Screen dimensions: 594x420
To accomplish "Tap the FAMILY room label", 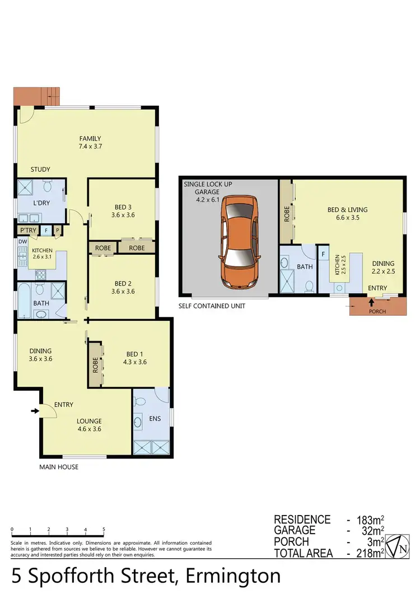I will (90, 139).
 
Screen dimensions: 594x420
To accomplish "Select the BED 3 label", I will (123, 206).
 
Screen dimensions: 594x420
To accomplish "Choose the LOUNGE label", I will (89, 421).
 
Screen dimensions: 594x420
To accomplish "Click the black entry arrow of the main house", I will (35, 411).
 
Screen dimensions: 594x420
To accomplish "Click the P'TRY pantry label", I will (28, 231).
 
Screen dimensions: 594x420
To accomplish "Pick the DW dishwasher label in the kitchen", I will (22, 242).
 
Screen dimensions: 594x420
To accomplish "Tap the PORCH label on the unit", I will (377, 311).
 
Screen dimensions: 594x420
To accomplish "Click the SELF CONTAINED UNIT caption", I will (212, 306).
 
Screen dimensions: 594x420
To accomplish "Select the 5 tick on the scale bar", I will (104, 530).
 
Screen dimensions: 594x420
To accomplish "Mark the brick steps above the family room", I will (37, 96).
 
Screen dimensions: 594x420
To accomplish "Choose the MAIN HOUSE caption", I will (58, 467).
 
